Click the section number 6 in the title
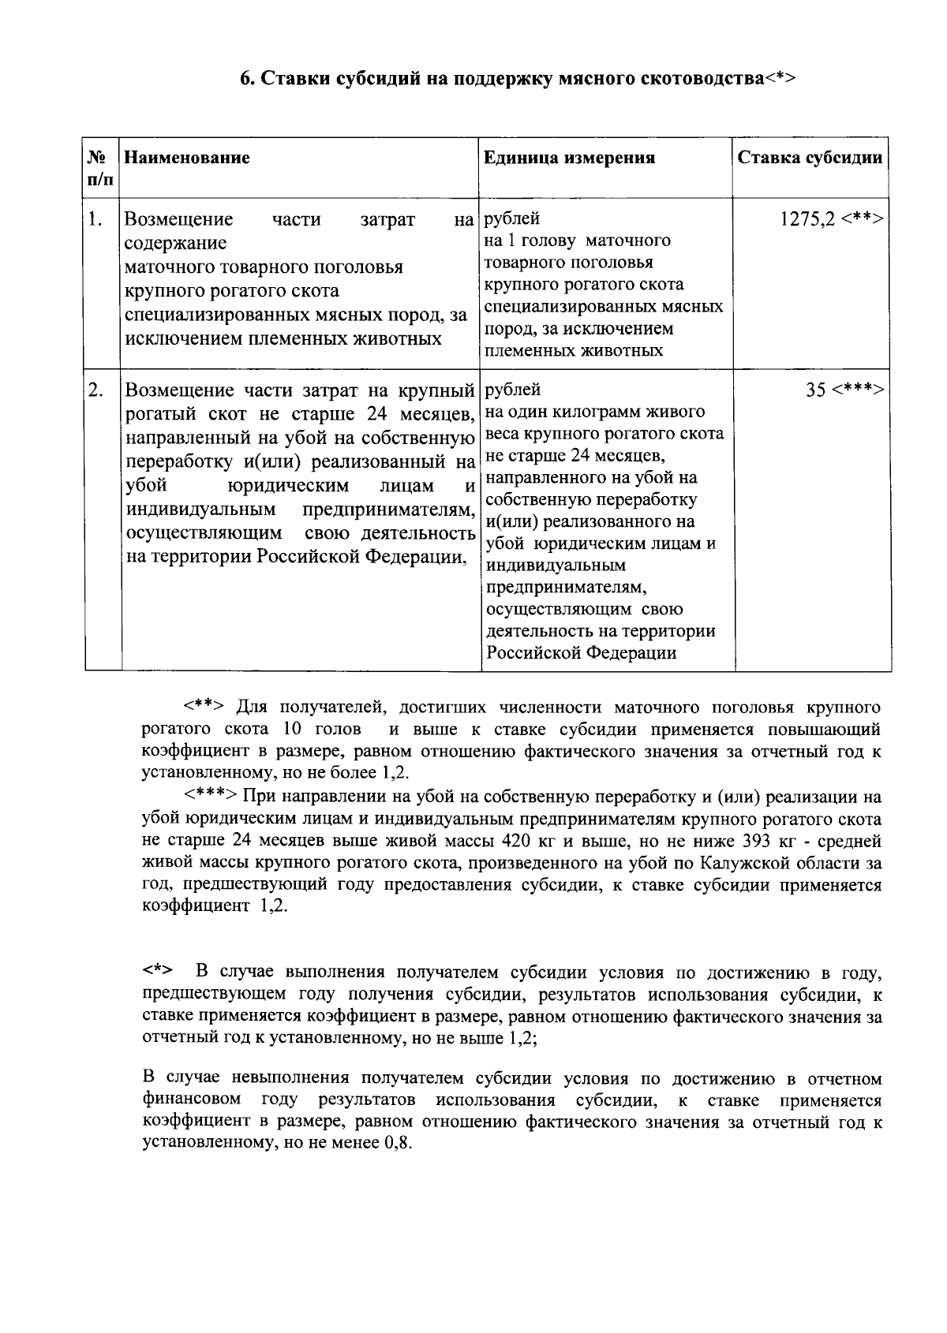click(x=245, y=79)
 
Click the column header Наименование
click(x=187, y=158)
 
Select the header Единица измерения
click(x=569, y=158)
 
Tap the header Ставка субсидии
click(x=810, y=158)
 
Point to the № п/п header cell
click(x=100, y=167)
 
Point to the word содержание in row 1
click(x=176, y=243)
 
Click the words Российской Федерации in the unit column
click(x=581, y=654)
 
